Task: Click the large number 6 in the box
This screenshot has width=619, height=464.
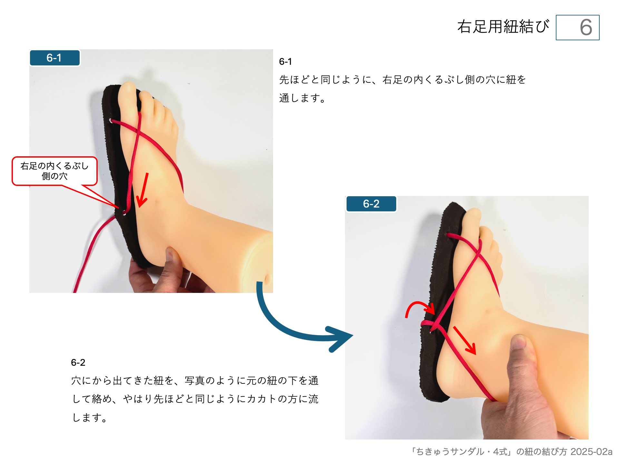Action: coord(585,27)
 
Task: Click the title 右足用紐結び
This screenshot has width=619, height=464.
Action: coord(503,26)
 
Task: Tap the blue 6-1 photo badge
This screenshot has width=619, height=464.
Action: coord(54,58)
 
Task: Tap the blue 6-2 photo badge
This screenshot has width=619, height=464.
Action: coord(371,204)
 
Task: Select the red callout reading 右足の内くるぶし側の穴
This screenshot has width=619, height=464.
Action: coord(54,171)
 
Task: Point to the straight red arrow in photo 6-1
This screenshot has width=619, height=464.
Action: coord(143,190)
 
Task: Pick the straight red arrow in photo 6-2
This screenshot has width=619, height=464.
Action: coord(465,340)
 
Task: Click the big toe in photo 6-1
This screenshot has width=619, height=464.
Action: coord(127,93)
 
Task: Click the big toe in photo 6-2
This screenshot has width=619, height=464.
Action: coord(473,219)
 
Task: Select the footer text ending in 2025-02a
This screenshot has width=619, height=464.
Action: coord(511,451)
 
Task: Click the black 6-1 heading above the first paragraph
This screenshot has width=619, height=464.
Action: coord(285,62)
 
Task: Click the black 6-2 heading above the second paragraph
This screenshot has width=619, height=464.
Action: coord(78,362)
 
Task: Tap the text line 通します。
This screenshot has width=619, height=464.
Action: coord(302,98)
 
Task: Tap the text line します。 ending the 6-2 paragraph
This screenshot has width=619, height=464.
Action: coord(89,418)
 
